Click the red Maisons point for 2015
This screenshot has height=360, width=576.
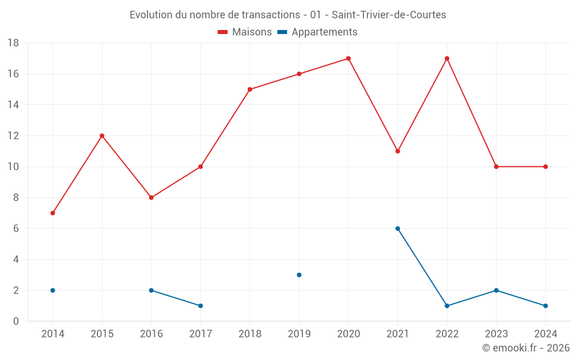[102, 136]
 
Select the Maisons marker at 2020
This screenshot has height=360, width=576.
[348, 58]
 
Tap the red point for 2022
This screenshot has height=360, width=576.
[447, 58]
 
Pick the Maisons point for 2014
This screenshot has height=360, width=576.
[52, 213]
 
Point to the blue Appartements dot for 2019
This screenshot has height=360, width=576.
[299, 275]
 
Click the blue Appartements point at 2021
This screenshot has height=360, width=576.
[397, 229]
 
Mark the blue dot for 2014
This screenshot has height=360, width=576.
[52, 290]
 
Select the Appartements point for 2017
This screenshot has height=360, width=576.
[200, 306]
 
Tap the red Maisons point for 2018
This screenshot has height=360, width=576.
[250, 89]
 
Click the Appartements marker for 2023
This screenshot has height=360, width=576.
[496, 290]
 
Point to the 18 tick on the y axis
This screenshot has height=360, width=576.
[13, 43]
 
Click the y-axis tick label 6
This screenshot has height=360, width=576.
[16, 229]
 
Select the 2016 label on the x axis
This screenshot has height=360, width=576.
[151, 334]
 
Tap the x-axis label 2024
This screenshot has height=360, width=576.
[545, 334]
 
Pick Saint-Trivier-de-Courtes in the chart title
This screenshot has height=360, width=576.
[389, 15]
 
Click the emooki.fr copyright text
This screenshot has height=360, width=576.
[525, 348]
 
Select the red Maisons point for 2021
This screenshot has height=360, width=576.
[397, 151]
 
